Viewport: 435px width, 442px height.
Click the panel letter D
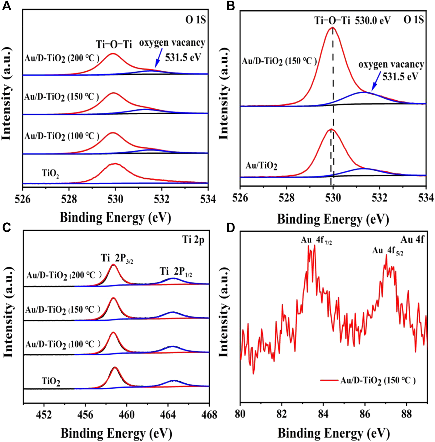click(230, 228)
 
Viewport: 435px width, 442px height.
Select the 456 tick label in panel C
click(85, 415)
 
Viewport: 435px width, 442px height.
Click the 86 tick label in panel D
click(365, 414)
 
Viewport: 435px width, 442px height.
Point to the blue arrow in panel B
click(376, 82)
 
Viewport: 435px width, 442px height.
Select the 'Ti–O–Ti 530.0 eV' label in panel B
click(352, 21)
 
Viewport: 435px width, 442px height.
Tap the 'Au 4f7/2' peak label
click(316, 240)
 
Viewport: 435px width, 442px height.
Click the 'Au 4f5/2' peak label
click(388, 251)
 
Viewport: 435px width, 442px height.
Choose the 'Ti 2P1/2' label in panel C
click(176, 272)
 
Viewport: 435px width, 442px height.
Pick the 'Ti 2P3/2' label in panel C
click(117, 258)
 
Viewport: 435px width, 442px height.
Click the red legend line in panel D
click(329, 381)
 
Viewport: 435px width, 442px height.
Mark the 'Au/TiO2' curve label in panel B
click(261, 166)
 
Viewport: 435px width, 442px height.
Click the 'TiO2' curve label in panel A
click(50, 173)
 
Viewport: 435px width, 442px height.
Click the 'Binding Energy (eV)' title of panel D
click(333, 434)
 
